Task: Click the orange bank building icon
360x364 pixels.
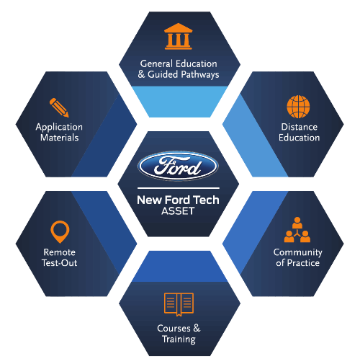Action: click(x=179, y=36)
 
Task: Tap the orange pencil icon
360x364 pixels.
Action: click(x=59, y=107)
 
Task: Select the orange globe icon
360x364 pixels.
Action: click(x=298, y=107)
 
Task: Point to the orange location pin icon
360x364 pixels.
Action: click(x=60, y=231)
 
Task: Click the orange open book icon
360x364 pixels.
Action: click(x=179, y=304)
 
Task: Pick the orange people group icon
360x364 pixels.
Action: click(x=297, y=230)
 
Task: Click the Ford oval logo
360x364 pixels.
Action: click(x=178, y=166)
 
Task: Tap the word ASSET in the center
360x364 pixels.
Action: click(x=178, y=211)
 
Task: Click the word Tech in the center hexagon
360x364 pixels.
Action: click(x=206, y=200)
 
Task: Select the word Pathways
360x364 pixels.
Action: click(x=200, y=75)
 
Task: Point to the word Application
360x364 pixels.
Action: click(x=59, y=128)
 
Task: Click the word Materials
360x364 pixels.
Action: click(x=60, y=138)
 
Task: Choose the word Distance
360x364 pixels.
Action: click(x=300, y=127)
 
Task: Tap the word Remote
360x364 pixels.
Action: click(x=60, y=252)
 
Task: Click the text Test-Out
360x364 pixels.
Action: click(x=60, y=263)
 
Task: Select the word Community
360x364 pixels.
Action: click(x=298, y=252)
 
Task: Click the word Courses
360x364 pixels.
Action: click(x=174, y=328)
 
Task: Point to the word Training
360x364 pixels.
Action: click(x=179, y=339)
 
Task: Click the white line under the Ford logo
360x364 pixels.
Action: click(x=179, y=188)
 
